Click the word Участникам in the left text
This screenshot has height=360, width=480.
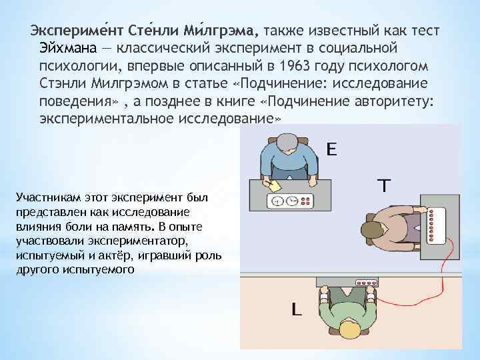click(x=44, y=199)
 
